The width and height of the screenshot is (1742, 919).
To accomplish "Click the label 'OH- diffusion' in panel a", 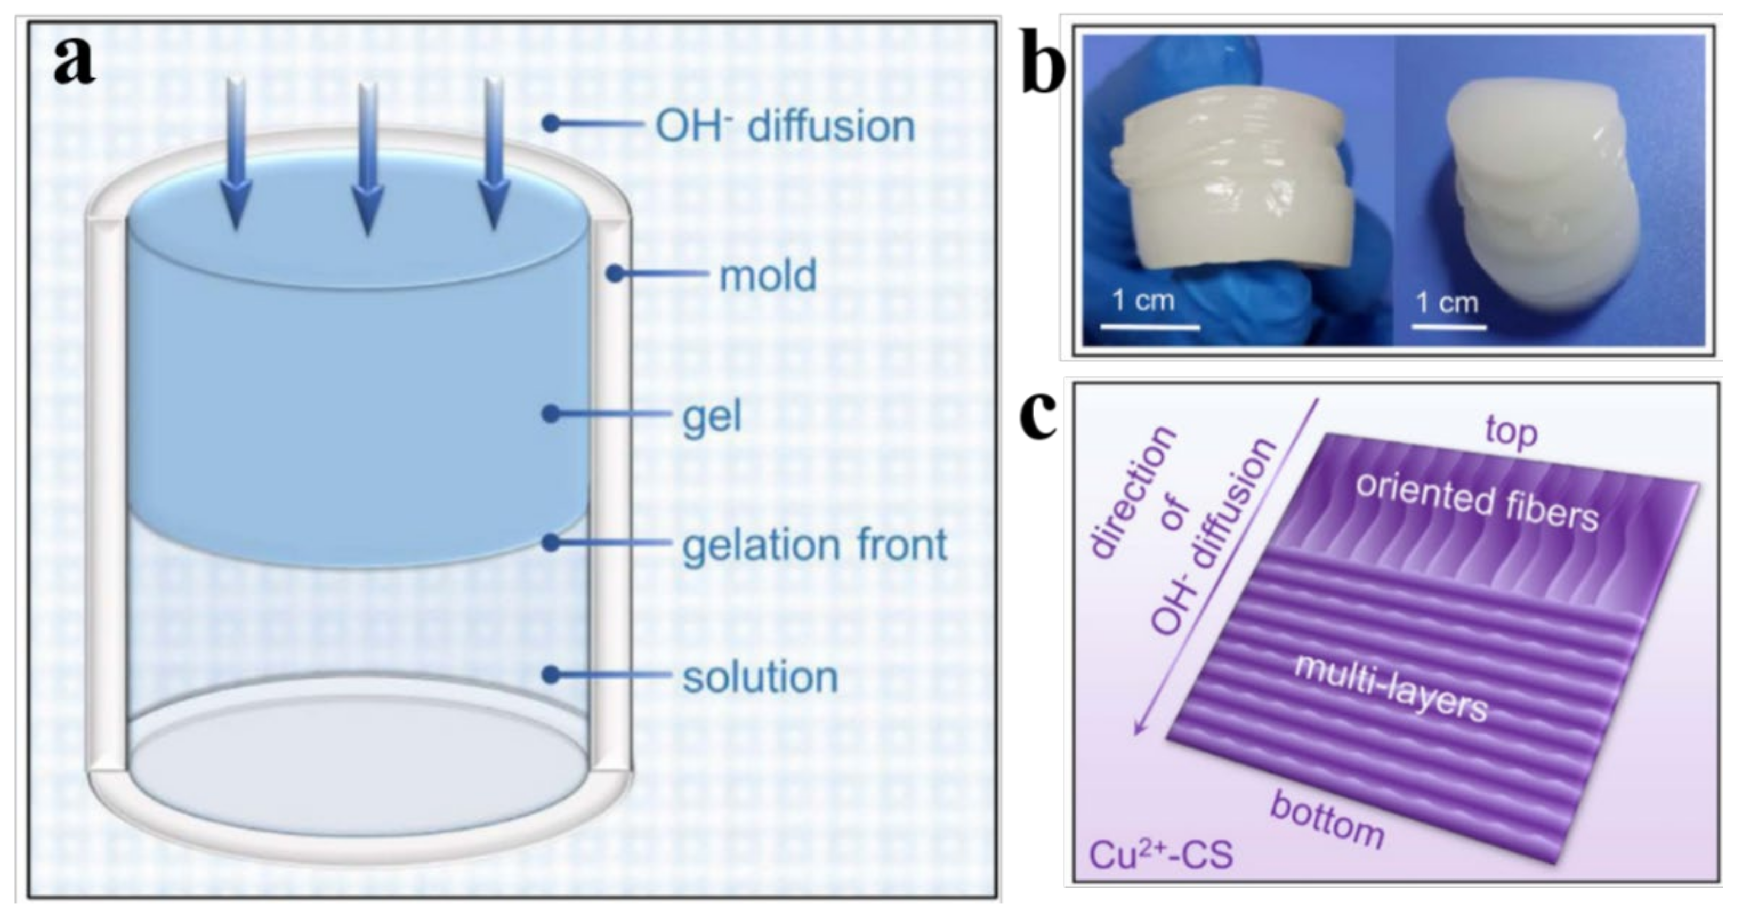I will click(x=785, y=126).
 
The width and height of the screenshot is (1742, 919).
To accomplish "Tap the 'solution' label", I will click(x=760, y=677).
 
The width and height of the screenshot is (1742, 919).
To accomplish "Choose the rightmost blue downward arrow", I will click(x=494, y=152).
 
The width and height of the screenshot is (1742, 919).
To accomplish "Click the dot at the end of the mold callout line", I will click(x=614, y=274).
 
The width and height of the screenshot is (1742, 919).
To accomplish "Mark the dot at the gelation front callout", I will click(x=552, y=542).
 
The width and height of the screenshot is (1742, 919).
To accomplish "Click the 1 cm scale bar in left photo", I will click(x=1150, y=327).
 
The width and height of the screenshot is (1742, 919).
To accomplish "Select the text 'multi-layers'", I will click(x=1390, y=688).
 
